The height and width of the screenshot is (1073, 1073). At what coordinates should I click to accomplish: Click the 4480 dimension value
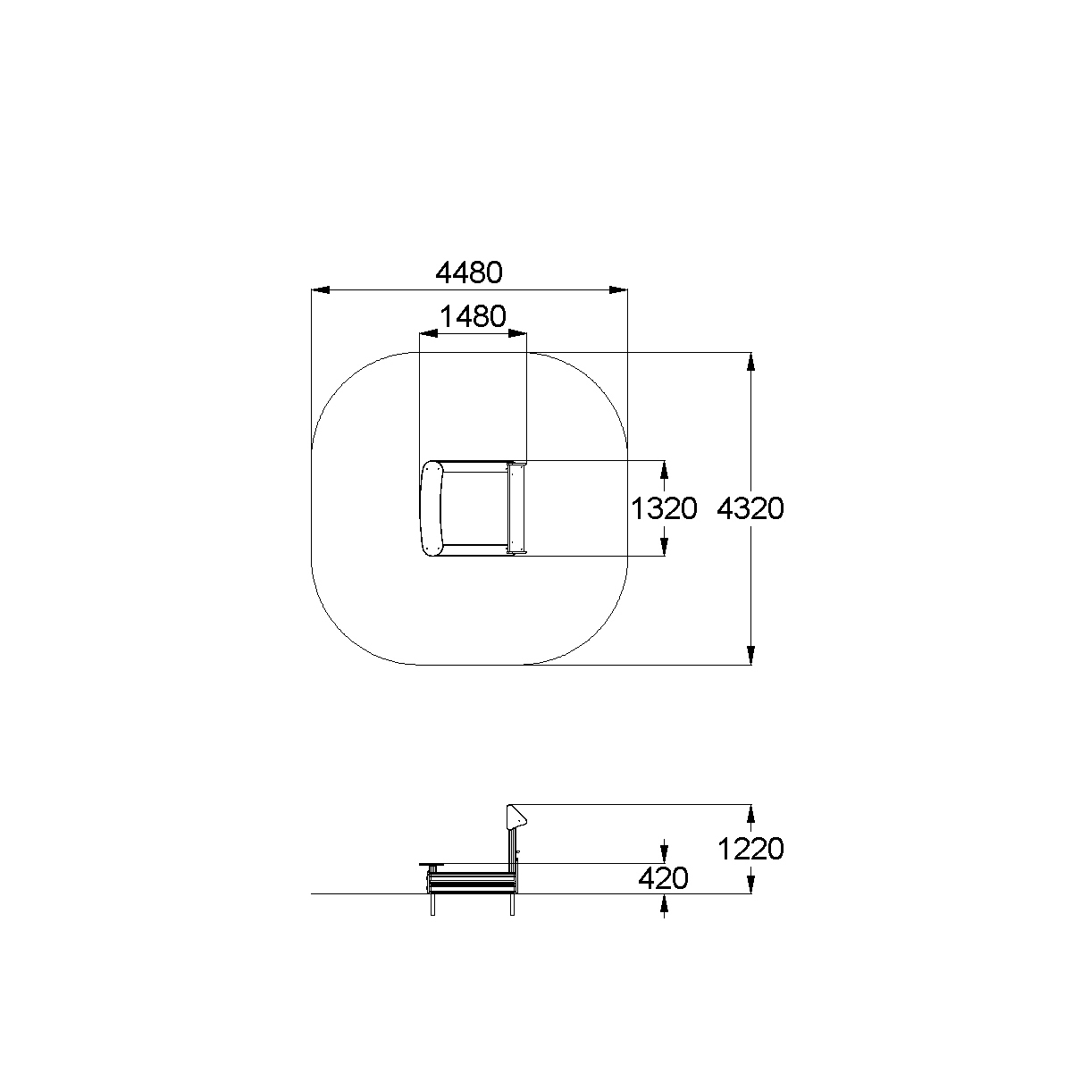click(x=468, y=272)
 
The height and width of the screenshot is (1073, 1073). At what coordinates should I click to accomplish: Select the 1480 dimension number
click(x=473, y=316)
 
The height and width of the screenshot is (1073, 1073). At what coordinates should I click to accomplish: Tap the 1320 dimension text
click(x=664, y=508)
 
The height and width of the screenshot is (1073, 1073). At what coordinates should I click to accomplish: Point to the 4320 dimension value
click(x=750, y=508)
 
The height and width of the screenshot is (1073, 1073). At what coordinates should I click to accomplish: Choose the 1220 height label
click(x=750, y=849)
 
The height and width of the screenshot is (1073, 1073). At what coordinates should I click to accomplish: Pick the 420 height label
click(x=663, y=878)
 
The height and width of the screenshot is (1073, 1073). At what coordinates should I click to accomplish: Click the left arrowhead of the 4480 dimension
click(x=321, y=290)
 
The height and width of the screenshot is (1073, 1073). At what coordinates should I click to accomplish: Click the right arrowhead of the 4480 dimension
click(x=618, y=290)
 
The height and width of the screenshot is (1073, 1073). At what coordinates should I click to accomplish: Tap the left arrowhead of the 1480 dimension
click(x=429, y=333)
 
